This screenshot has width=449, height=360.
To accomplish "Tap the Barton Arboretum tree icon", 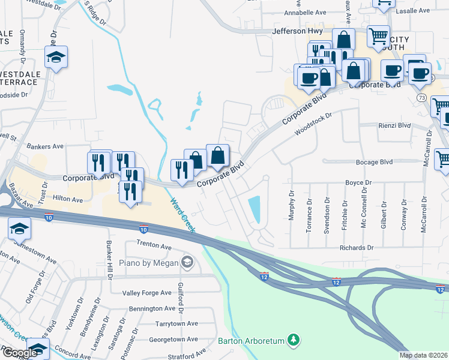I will [294, 341].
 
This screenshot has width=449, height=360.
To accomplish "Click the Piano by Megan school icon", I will [187, 262].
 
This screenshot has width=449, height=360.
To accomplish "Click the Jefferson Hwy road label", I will [298, 31].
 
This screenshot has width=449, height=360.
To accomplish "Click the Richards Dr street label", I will [357, 247].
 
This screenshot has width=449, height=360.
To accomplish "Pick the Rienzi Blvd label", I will [393, 125].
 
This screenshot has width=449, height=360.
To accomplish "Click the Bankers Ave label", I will [46, 146].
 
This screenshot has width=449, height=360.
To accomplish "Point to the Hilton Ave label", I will [68, 198].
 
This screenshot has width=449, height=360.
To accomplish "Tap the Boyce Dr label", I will [358, 182].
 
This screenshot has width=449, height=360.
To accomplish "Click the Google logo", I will [20, 352].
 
